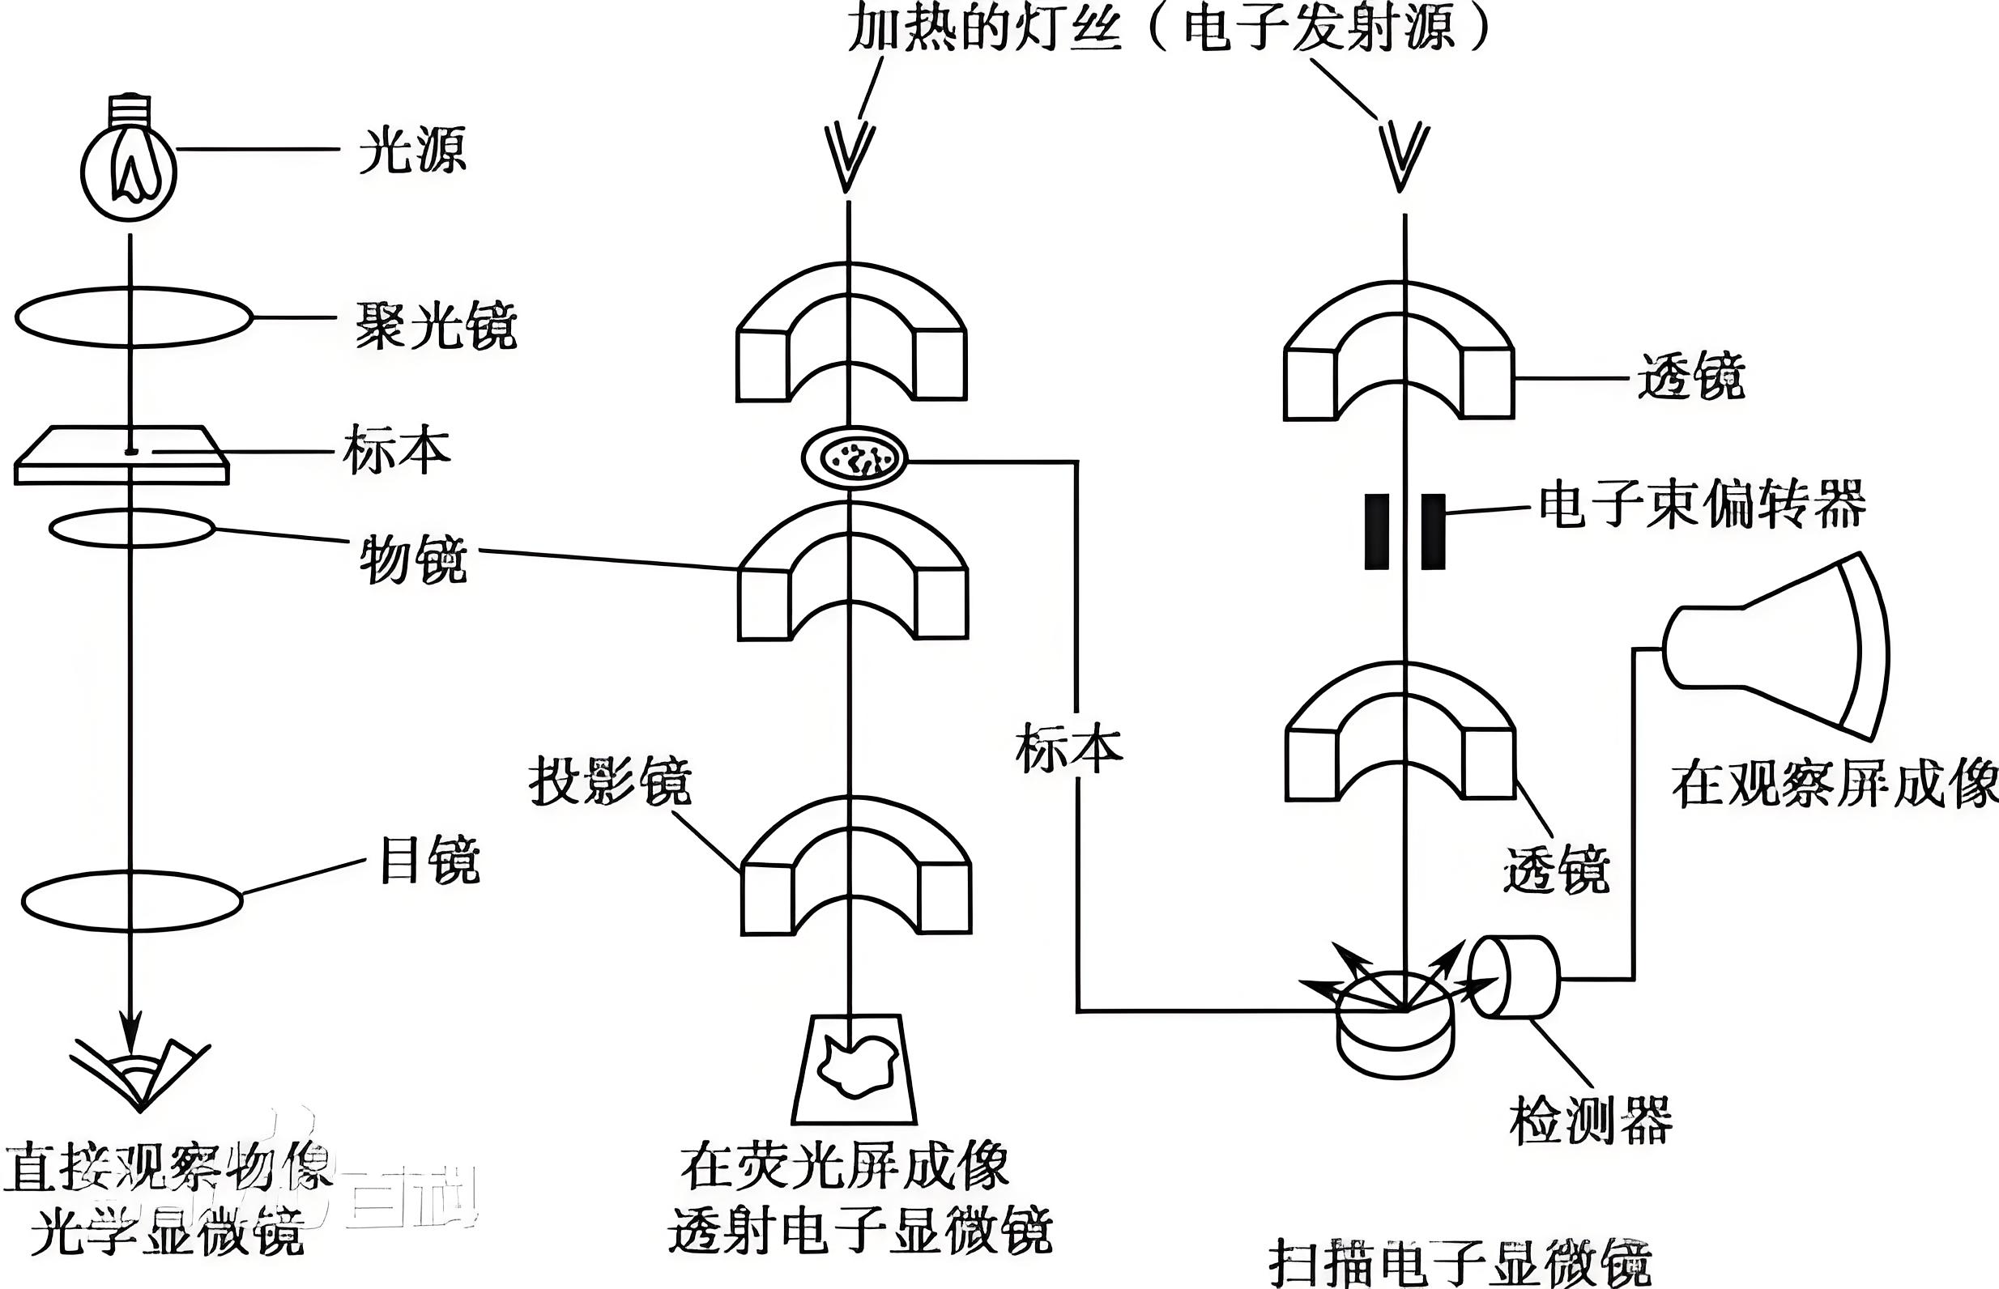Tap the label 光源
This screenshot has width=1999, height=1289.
(x=411, y=151)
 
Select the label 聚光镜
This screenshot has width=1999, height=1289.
(x=436, y=325)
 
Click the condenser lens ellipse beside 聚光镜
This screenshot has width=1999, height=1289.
(x=133, y=317)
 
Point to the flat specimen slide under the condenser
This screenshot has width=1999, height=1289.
(x=121, y=456)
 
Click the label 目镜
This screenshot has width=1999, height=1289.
(x=429, y=860)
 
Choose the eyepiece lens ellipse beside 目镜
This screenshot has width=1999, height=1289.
(x=131, y=900)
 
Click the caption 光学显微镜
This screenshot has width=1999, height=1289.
(x=168, y=1232)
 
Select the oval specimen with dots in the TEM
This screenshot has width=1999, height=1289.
(x=854, y=457)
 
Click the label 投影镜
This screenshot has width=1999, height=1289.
(x=609, y=782)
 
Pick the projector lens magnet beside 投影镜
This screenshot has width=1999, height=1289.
(x=855, y=870)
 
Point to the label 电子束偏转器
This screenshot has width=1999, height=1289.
(x=1702, y=504)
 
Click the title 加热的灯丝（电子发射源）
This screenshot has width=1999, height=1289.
(x=1169, y=27)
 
